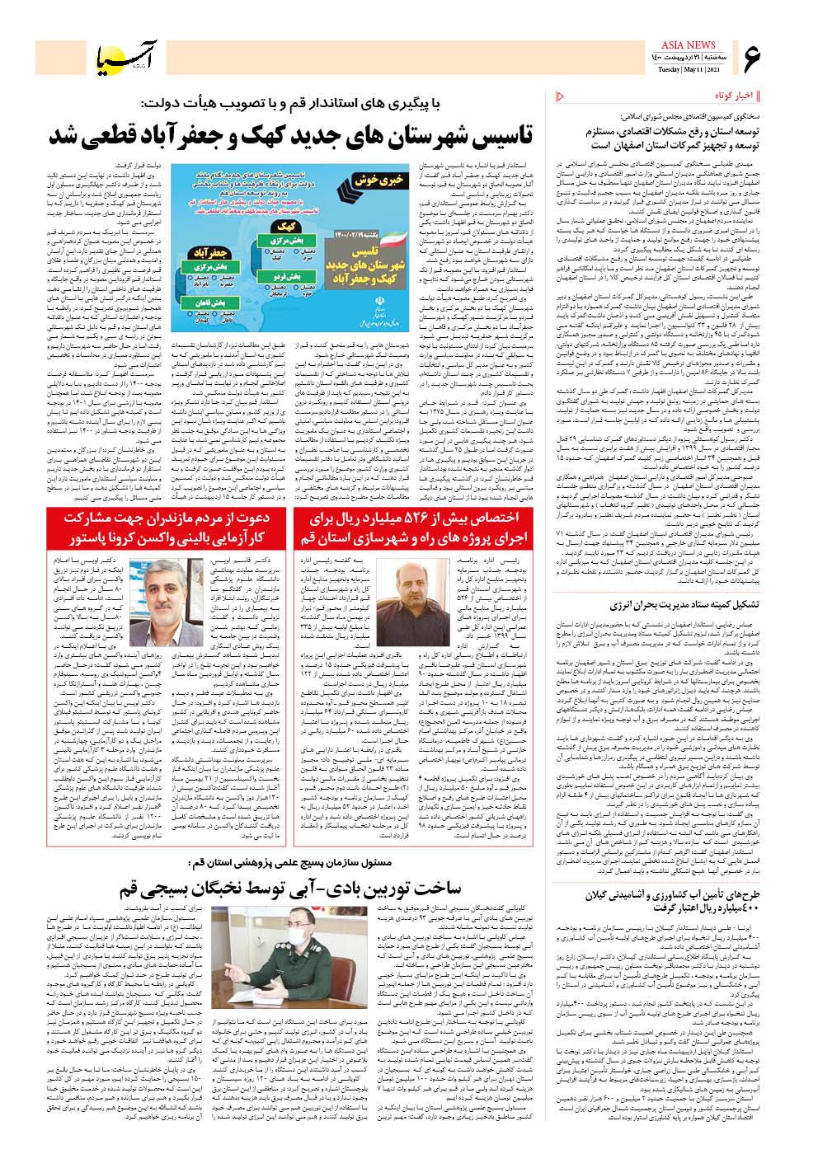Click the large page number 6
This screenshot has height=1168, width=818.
click(x=755, y=59)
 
